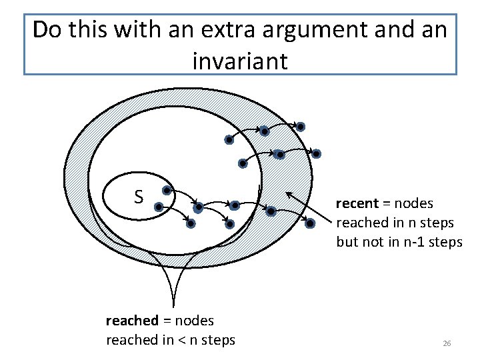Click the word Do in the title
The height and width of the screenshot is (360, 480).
[x=47, y=30]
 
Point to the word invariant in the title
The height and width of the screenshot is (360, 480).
[x=240, y=61]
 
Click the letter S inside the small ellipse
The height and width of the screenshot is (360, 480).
[x=139, y=197]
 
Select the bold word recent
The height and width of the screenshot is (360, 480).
[x=357, y=203]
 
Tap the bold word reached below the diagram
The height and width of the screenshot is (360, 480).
[x=132, y=321]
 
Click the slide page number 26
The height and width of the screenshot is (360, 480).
[x=447, y=343]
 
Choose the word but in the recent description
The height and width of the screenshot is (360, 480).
[x=347, y=241]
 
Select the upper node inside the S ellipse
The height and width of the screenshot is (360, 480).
[x=167, y=190]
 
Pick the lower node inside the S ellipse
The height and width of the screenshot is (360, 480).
[x=159, y=207]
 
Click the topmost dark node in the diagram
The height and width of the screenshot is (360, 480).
[x=301, y=127]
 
